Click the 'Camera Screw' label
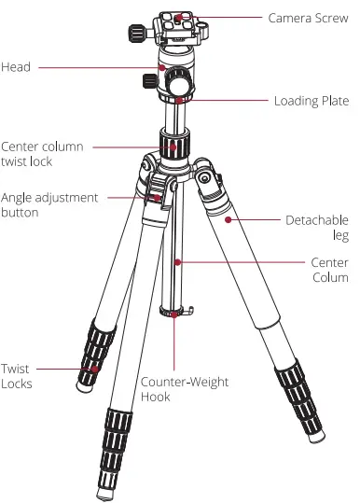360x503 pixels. pos(308,18)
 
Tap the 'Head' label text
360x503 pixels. pos(16,66)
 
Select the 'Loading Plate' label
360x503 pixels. pos(311,101)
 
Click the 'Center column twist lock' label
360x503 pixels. pos(42,154)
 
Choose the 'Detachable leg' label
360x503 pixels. pos(316,228)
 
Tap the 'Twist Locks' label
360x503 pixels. pos(17,377)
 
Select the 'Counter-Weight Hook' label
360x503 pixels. pos(184,389)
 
